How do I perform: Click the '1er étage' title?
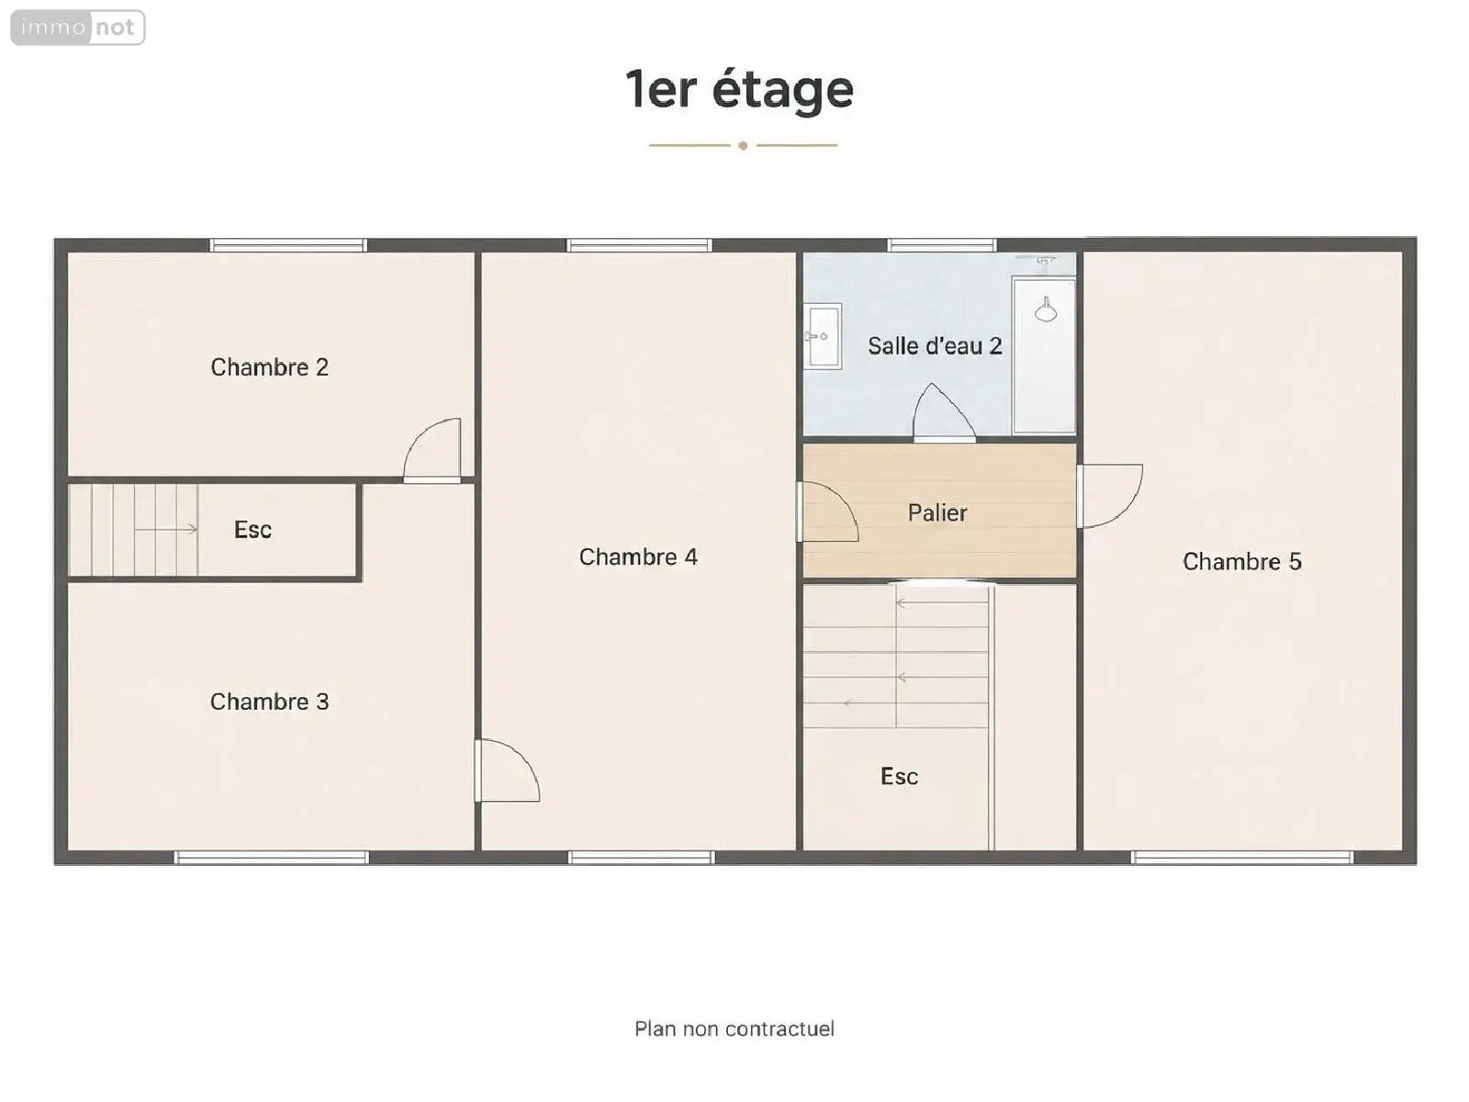coord(739,90)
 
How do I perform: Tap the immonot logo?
coord(78,28)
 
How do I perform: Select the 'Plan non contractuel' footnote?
coord(734,1029)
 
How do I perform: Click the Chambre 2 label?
coord(270,366)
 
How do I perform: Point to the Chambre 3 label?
coord(270,702)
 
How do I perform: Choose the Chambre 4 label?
coord(638,557)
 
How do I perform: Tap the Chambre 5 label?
coord(1242,561)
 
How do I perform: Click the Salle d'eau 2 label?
coord(935,346)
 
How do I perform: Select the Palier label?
coord(937,513)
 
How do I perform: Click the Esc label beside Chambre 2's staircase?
coord(253,530)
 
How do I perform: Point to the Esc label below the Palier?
coord(900,776)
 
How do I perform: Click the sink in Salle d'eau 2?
coord(823,336)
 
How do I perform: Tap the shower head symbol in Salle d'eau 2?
coord(1046,310)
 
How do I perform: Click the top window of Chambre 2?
coord(288,245)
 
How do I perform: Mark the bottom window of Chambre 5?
coord(1242,857)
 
